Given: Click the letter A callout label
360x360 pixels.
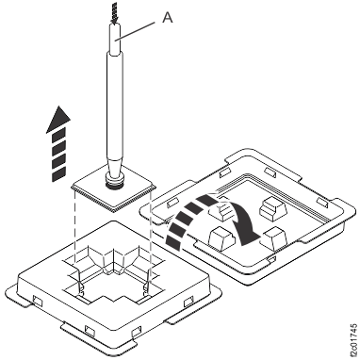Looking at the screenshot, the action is point(168,18).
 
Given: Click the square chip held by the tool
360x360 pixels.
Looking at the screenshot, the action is point(114,191).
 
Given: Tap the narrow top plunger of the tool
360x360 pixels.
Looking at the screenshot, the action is point(115,39).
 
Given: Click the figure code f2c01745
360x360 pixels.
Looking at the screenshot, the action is point(353,341).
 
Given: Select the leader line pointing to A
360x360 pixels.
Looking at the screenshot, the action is point(136,31).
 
